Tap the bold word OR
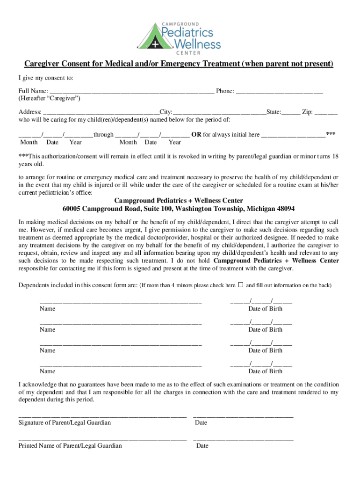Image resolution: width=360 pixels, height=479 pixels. [x=196, y=135]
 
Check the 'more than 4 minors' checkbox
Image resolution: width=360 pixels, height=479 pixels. [x=241, y=284]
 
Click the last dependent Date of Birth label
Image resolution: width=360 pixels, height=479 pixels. [x=265, y=371]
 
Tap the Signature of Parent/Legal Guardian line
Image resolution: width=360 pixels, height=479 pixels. [x=102, y=415]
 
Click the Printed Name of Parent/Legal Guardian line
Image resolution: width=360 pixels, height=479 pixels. [x=102, y=439]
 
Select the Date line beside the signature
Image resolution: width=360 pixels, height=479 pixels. [x=243, y=415]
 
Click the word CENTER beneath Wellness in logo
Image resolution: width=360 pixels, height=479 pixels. [x=187, y=53]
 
